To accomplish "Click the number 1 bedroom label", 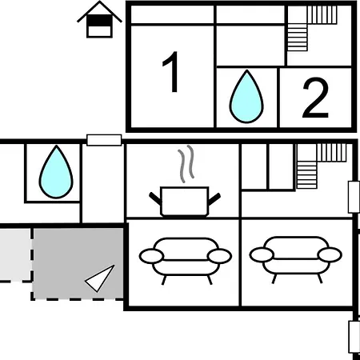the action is pos(171,72).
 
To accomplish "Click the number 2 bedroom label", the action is pos(315,98).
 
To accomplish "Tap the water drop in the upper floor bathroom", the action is pos(246,97).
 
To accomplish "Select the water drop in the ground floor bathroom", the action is pos(56,172).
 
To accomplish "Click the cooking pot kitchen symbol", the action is pos(185,202).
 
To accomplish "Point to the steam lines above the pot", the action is pos(186,164).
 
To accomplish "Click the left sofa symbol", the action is pos(186,261).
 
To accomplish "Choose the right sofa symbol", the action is pos(296,259).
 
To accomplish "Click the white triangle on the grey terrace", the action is pos(99,278).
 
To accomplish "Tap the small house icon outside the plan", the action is pos(99,19).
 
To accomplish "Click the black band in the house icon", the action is pos(99,21).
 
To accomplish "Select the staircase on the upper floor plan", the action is pos(312,28).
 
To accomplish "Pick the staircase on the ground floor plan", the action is pos(322,166).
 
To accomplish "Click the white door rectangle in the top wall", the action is pos(104,140).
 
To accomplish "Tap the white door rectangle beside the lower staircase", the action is pos(354,197).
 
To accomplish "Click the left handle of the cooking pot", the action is pos(155,198).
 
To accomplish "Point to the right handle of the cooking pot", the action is pos(214,199).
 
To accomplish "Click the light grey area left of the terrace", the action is pos(14,255).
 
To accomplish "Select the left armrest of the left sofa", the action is pos(151,256).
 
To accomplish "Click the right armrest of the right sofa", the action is pos(330,255).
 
